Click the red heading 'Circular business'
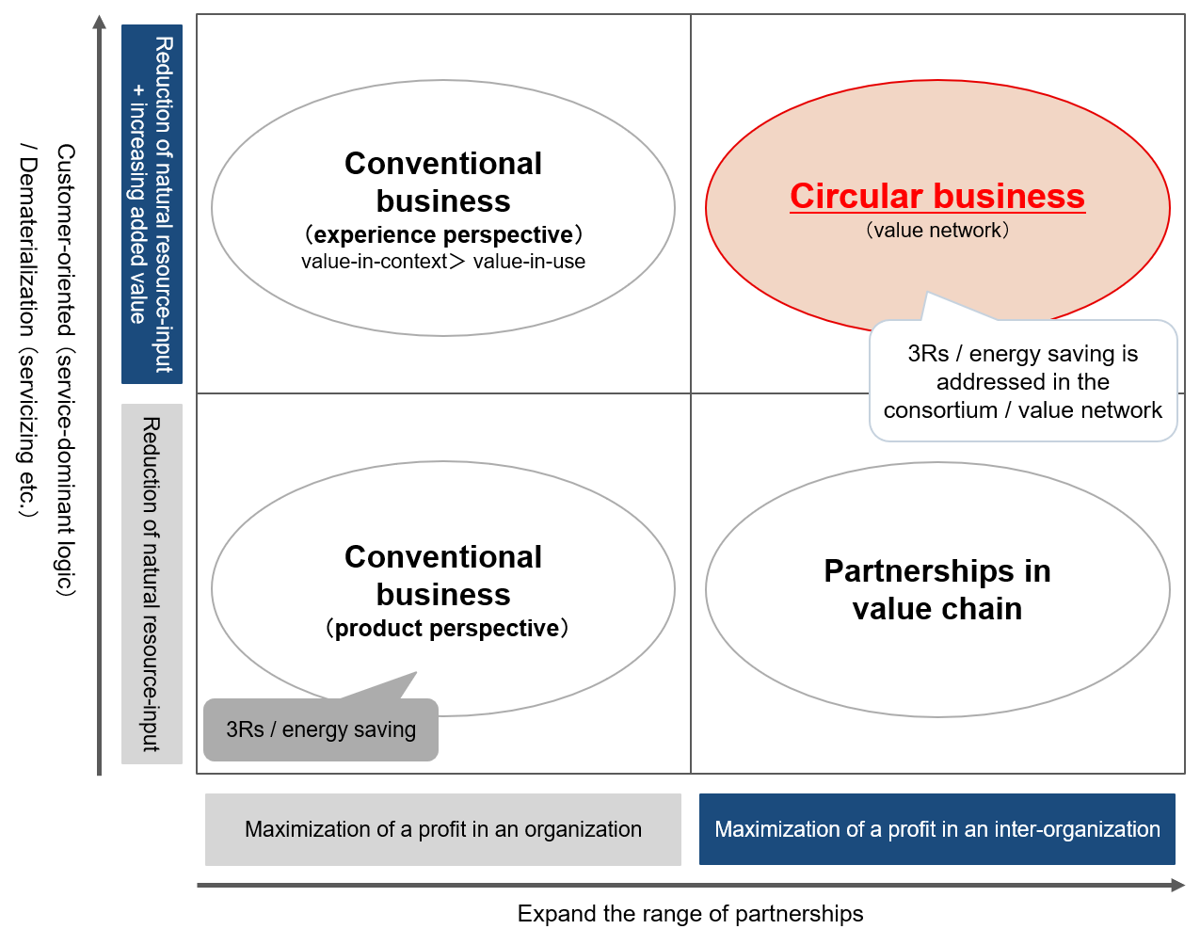937,196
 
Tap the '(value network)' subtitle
937,231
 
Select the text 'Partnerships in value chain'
937,590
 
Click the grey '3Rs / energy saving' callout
321,729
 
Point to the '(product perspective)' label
446,629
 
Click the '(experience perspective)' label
443,234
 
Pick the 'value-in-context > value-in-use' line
443,262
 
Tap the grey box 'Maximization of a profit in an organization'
443,829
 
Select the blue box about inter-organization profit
937,829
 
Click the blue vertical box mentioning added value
152,204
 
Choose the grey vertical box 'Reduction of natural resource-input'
152,584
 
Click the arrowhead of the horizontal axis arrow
1178,885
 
